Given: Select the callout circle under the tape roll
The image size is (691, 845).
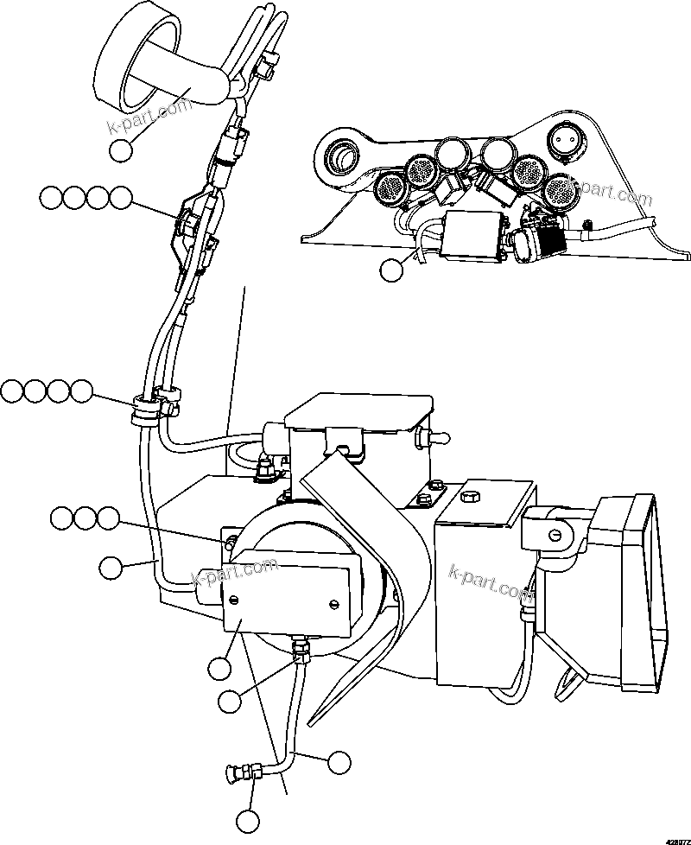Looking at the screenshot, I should click(x=121, y=149).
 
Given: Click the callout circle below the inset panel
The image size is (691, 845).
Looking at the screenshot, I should click(x=391, y=270).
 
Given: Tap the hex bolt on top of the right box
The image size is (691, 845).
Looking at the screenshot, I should click(x=471, y=498).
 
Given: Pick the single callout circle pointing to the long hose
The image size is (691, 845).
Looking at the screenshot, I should click(x=110, y=568).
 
